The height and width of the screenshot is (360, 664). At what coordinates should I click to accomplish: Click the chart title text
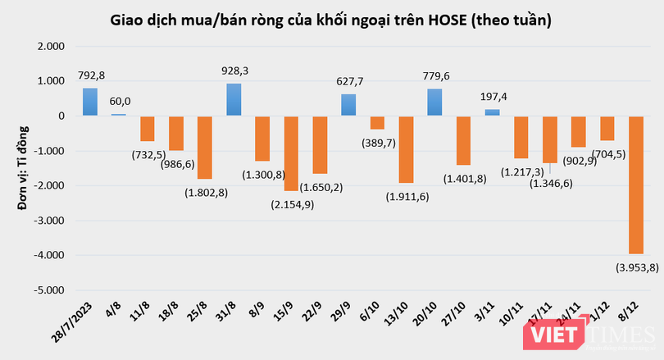click(331, 18)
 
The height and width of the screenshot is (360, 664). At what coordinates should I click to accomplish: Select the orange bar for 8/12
click(636, 185)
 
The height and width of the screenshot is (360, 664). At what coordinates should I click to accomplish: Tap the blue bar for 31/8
click(234, 100)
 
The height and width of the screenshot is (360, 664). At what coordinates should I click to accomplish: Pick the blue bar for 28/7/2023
click(89, 102)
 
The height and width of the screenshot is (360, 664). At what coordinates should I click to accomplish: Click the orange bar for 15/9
click(291, 153)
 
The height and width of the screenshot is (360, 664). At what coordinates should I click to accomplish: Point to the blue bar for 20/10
click(434, 103)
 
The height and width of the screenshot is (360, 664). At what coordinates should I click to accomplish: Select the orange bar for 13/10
click(406, 149)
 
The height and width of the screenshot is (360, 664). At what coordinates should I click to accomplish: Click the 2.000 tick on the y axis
click(55, 47)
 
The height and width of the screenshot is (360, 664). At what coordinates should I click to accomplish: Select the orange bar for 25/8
click(205, 148)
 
